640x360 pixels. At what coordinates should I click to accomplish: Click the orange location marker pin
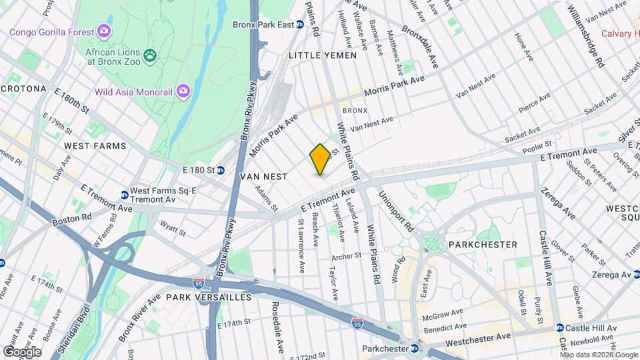(x=320, y=159)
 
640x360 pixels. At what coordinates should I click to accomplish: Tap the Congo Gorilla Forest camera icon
(x=103, y=31)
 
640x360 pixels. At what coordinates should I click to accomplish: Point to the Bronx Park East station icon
(x=300, y=25)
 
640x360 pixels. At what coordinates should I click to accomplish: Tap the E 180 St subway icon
(x=219, y=170)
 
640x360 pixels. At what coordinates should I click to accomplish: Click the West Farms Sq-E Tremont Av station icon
(x=125, y=195)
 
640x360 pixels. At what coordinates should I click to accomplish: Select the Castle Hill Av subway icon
(x=559, y=327)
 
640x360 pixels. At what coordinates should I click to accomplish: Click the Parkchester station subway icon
(x=415, y=348)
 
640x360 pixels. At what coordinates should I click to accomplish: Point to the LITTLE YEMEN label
(x=323, y=55)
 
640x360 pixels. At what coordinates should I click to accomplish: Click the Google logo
(x=22, y=351)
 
